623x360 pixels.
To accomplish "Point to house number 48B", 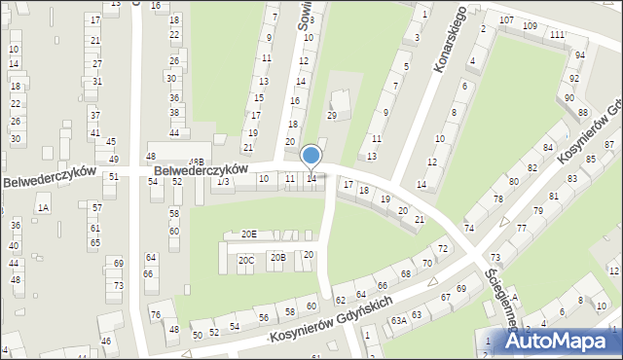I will click(x=196, y=162).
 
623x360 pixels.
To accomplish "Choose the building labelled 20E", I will click(x=249, y=234).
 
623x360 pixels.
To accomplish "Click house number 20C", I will click(x=246, y=260).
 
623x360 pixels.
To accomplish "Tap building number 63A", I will click(x=399, y=319).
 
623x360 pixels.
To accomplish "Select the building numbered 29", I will click(x=331, y=116).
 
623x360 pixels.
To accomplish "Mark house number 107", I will click(x=506, y=20).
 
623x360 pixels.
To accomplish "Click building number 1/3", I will click(x=223, y=182).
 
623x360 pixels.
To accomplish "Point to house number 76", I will click(x=156, y=314).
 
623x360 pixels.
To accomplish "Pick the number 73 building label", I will click(x=118, y=286).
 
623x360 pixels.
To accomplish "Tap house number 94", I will click(x=580, y=55).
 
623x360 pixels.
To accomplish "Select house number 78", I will click(x=497, y=198).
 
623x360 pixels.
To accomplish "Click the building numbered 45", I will click(x=111, y=142).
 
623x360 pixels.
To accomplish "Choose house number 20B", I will click(x=277, y=257).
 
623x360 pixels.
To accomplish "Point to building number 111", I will click(x=556, y=35).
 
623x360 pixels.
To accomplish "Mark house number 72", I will click(x=443, y=250).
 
